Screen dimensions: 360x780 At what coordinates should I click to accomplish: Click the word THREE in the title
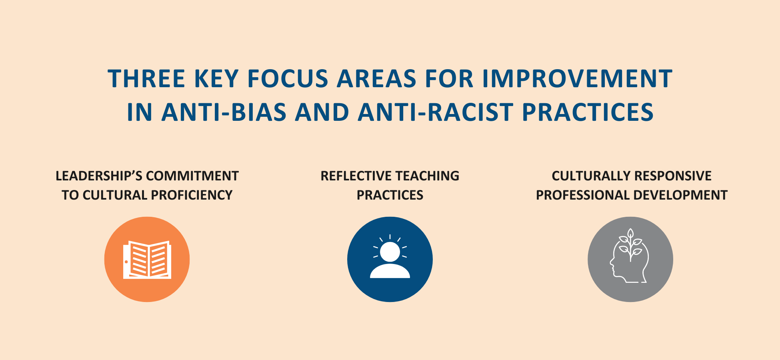click(146, 78)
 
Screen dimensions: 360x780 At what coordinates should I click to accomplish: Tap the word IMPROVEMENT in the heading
click(577, 78)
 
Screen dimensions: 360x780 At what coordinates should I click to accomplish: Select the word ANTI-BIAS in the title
click(224, 112)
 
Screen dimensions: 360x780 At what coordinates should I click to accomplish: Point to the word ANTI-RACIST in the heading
click(436, 112)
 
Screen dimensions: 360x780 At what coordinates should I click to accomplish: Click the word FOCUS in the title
click(288, 78)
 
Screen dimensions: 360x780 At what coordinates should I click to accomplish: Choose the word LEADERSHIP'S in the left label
click(98, 176)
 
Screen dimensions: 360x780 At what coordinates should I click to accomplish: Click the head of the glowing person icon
click(390, 252)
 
